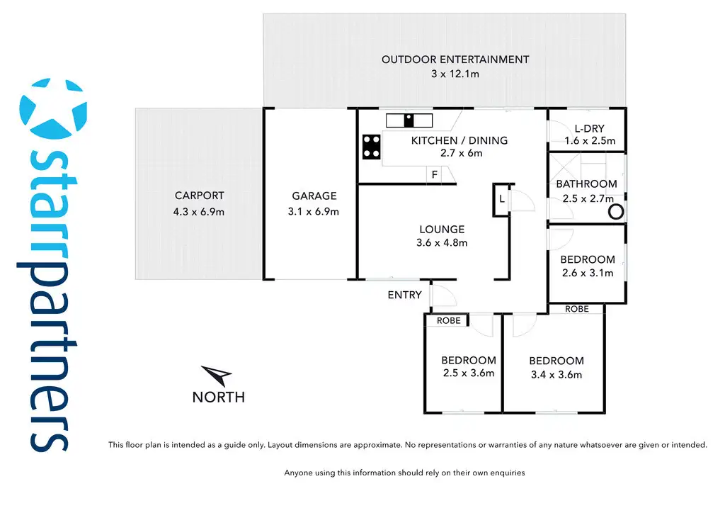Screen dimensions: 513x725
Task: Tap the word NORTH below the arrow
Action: point(218,398)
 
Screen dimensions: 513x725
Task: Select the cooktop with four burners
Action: point(371,147)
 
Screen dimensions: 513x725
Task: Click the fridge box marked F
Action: point(433,175)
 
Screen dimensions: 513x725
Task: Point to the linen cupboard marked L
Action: point(501,199)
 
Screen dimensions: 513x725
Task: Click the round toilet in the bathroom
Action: point(616,211)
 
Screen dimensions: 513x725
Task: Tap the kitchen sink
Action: point(409,120)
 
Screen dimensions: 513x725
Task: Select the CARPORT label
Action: point(199,196)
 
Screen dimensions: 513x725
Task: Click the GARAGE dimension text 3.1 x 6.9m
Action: point(314,211)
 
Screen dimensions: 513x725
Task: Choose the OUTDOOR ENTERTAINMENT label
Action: point(455,60)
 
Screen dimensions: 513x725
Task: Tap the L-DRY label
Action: point(589,128)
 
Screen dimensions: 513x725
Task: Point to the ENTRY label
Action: point(404,295)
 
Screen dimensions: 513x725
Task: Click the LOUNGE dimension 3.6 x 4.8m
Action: point(442,242)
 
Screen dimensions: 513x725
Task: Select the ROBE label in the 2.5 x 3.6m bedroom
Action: point(448,321)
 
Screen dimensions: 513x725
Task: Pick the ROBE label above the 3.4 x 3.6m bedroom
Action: point(577,309)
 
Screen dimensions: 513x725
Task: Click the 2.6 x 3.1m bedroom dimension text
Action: point(588,273)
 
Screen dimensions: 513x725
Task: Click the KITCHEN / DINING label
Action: point(459,140)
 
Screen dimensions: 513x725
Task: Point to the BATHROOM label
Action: point(586,184)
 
